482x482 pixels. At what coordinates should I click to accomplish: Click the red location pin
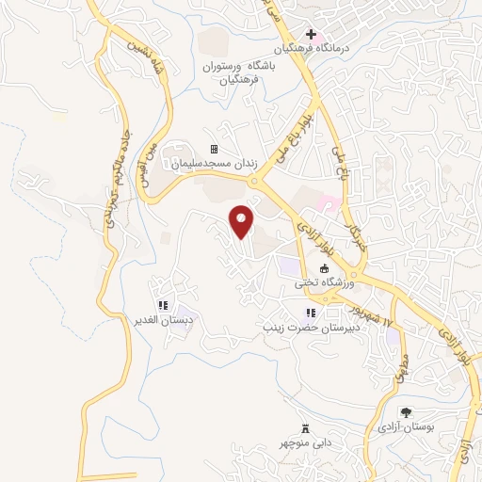243,221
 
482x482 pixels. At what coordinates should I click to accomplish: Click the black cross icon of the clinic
312,35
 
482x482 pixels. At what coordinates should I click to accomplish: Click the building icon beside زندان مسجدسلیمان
214,149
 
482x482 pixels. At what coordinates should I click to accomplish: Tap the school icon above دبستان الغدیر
163,306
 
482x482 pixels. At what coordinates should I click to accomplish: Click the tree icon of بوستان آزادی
406,412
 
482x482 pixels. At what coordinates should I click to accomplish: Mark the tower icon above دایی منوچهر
304,427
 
